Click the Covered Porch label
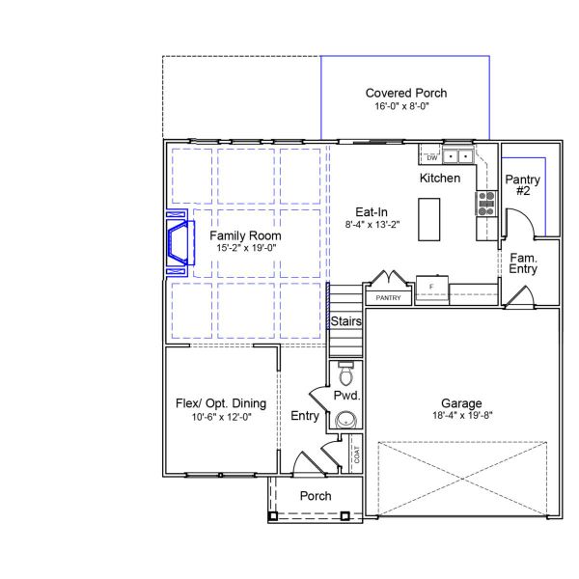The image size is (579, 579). pyautogui.click(x=405, y=94)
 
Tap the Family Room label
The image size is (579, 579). pyautogui.click(x=246, y=235)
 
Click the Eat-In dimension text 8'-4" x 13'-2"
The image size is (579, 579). pyautogui.click(x=372, y=224)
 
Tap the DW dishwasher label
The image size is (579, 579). pyautogui.click(x=430, y=156)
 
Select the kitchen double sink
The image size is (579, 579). pyautogui.click(x=459, y=155)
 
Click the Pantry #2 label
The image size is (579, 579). pyautogui.click(x=523, y=185)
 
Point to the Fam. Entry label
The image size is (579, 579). pyautogui.click(x=524, y=263)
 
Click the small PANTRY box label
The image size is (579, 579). pyautogui.click(x=388, y=298)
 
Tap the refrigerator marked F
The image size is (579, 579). pyautogui.click(x=432, y=288)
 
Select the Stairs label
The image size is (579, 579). pyautogui.click(x=346, y=320)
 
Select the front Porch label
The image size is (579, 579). pyautogui.click(x=316, y=496)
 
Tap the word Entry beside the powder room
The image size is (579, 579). pyautogui.click(x=305, y=416)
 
